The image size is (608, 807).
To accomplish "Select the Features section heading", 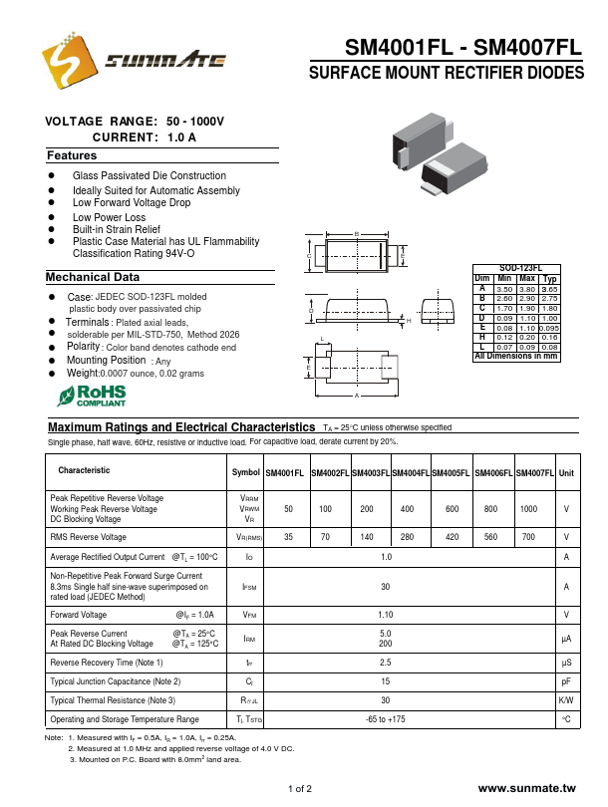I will pos(72,156).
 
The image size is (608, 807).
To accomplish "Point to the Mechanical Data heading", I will pos(93,277).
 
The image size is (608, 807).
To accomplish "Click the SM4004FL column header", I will pos(411,473).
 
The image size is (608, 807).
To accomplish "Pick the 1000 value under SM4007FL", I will pos(528,509).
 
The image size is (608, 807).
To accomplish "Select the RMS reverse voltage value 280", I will pos(407,536).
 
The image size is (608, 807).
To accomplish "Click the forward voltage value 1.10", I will pos(386,615).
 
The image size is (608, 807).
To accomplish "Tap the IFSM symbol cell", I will pos(249,587).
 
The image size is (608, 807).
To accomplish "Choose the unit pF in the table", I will pos(566,681).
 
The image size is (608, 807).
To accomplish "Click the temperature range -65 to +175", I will pos(386,719).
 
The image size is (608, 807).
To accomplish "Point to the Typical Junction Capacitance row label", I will pos(116,681).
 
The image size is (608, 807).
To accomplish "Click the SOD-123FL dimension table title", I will pos(514,269).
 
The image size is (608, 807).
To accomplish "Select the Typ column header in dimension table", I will pos(548,278).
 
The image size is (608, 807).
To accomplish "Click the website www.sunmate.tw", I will pos(527,788).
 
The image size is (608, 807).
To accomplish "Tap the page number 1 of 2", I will pos(300,789).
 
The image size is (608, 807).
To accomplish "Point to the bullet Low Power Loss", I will pos(109,217).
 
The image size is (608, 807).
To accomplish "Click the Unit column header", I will pos(566,473).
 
